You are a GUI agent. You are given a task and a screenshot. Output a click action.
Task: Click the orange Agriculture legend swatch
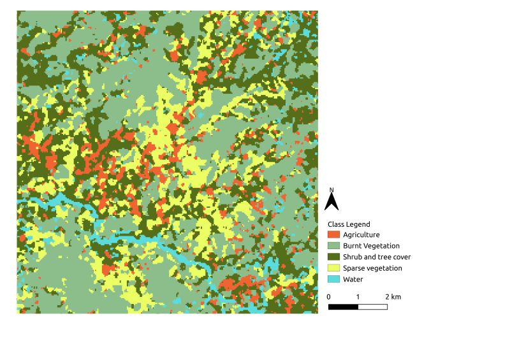333,234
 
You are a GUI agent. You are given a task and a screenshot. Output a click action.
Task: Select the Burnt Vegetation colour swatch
333,246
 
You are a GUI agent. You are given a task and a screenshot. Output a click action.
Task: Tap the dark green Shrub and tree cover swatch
333,257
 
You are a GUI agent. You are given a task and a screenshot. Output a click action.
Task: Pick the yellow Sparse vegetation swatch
333,268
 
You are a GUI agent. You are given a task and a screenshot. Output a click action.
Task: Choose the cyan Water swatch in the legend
333,279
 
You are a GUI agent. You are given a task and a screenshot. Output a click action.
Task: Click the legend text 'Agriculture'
361,234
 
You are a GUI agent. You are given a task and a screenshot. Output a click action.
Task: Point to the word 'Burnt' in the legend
353,246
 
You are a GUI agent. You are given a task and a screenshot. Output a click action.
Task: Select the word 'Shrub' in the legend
353,257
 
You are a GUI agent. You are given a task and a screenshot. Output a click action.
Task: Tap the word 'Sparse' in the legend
354,268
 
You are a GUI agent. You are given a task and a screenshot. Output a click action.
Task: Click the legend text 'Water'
353,279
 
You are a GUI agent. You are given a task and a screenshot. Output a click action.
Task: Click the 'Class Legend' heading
349,224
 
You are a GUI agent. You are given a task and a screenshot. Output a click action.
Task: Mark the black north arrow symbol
331,202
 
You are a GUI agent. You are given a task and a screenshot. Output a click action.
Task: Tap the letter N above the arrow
331,190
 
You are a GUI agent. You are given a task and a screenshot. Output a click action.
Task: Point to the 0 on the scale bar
329,297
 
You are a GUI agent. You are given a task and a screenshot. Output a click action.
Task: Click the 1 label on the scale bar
358,297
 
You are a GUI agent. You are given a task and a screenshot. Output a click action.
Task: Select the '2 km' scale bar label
393,297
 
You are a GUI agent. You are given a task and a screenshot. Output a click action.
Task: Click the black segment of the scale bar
343,306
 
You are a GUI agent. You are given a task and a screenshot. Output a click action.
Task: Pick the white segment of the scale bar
372,306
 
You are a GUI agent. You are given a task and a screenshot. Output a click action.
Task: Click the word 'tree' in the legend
386,257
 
